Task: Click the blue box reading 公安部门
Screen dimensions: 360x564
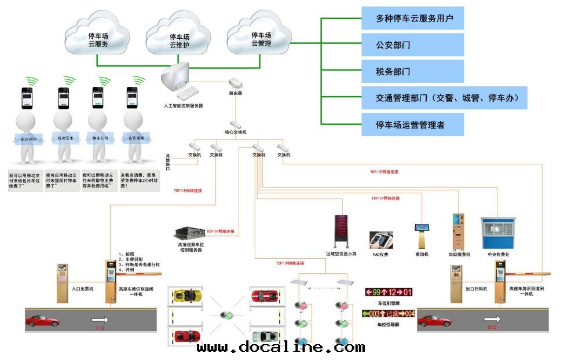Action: [412, 45]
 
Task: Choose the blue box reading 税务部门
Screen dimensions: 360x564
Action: [412, 72]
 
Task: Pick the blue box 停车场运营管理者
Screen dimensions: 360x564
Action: [412, 124]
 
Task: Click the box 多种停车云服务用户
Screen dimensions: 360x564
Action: [412, 19]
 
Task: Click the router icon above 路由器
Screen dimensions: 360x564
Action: [236, 83]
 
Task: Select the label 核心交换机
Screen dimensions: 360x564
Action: [236, 133]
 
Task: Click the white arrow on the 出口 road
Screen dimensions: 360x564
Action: [493, 319]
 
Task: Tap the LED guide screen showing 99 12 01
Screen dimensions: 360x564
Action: [389, 292]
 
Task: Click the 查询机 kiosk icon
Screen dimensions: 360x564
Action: [422, 235]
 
